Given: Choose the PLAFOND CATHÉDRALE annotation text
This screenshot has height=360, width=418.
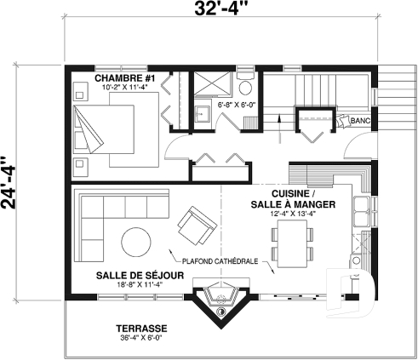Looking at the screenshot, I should click(x=219, y=261).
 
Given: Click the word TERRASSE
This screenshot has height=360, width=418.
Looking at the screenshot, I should click(x=142, y=328).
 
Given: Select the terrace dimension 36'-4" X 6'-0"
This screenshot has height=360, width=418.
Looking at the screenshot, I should click(x=142, y=338).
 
